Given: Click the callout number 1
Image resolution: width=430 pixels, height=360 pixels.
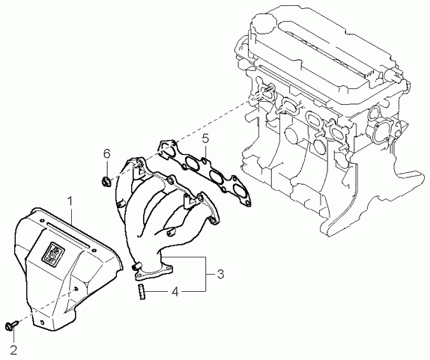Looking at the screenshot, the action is click(70, 201).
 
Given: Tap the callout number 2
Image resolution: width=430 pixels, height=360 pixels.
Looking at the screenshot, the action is click(13, 350).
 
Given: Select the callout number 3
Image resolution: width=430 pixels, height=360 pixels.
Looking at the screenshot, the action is click(220, 274).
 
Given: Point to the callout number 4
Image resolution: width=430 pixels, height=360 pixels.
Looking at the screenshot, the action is click(175, 291).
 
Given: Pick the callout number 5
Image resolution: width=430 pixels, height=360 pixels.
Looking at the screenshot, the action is click(205, 139).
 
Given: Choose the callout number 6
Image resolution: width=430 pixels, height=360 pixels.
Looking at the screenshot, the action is click(106, 154).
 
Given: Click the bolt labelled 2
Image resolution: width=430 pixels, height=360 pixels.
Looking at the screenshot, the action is click(11, 326).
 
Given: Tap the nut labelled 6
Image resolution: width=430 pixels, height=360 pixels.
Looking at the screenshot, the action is click(106, 182).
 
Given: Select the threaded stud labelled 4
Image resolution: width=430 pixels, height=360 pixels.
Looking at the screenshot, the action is click(142, 292).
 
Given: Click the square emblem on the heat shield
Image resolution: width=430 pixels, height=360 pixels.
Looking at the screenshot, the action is click(53, 251).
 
